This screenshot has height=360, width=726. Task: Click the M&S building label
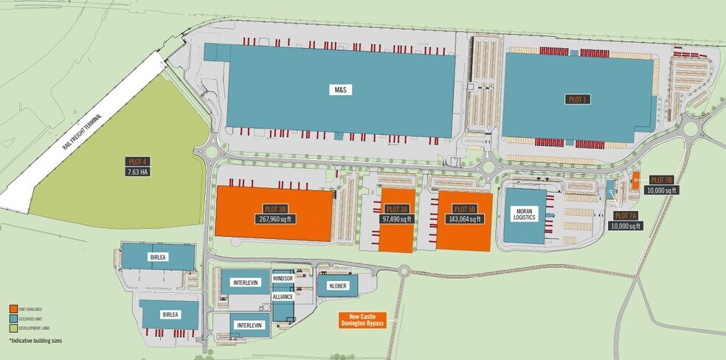(340, 89)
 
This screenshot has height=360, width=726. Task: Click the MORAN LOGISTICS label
(525, 214)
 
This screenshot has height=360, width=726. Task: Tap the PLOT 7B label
(661, 180)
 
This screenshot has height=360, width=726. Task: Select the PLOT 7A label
(626, 216)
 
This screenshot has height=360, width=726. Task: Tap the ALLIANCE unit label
(283, 297)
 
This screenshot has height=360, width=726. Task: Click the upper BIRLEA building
(158, 257)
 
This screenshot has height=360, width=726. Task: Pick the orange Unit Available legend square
(13, 308)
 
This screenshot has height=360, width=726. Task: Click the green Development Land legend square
(13, 328)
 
